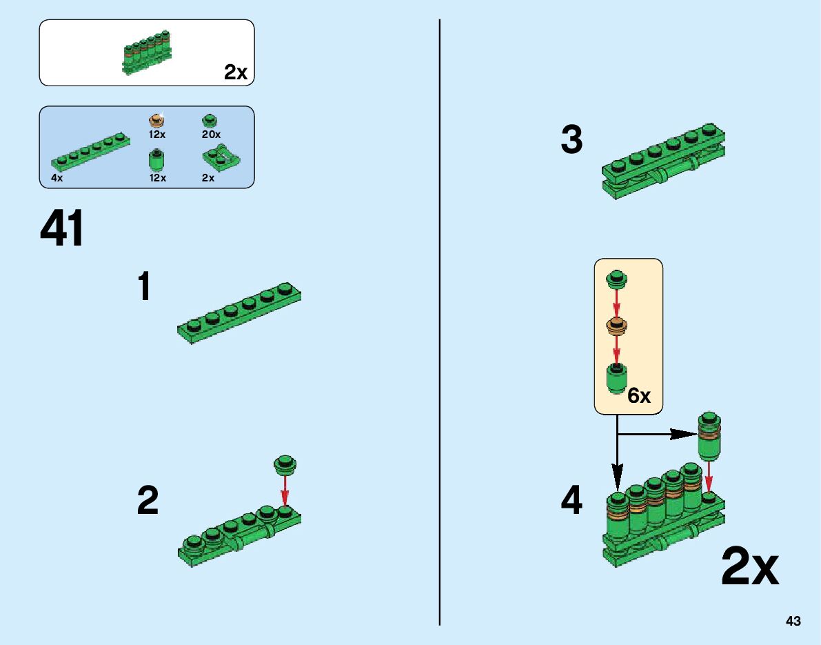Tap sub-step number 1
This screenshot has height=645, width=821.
click(144, 286)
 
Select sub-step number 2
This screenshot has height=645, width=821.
click(148, 501)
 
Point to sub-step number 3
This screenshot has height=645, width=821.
click(571, 141)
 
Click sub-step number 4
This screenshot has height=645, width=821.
click(571, 501)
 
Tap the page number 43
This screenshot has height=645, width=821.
click(793, 622)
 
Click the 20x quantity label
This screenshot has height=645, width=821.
click(211, 134)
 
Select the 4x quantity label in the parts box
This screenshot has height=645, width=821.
click(57, 177)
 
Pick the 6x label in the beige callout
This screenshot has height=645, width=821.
click(639, 396)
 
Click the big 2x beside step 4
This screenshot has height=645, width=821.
click(750, 568)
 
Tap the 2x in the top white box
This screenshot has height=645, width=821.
click(236, 72)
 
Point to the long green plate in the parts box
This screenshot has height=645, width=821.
click(90, 151)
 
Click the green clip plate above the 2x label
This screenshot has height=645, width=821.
click(221, 159)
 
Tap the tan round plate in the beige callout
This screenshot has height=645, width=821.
click(617, 325)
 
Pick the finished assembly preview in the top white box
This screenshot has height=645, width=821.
click(146, 52)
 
